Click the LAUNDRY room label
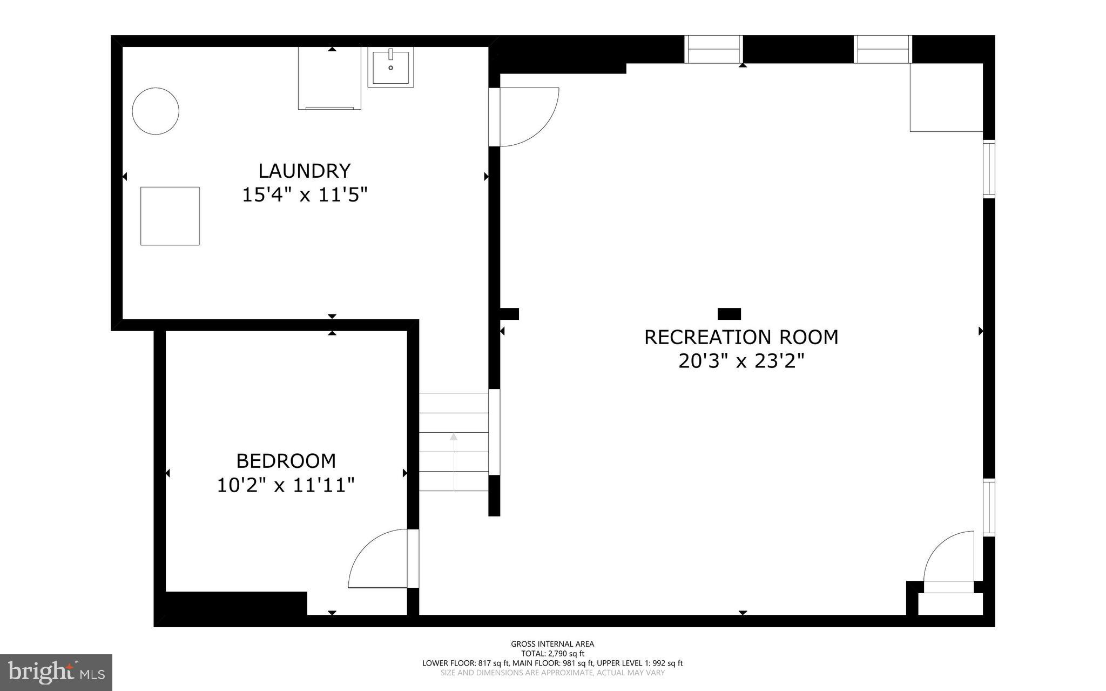click(x=305, y=171)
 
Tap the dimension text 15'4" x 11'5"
click(x=305, y=194)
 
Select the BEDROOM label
click(x=286, y=461)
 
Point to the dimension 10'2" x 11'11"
click(x=286, y=485)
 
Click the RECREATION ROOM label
click(x=741, y=337)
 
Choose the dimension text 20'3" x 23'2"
click(x=741, y=361)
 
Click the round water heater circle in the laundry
click(x=156, y=111)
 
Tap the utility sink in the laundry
click(x=390, y=67)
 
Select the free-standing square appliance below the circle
click(x=170, y=216)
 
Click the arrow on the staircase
click(x=454, y=459)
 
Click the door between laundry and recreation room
click(x=527, y=116)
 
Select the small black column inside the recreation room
click(x=729, y=314)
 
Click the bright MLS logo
click(x=56, y=672)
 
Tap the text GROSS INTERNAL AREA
click(x=552, y=644)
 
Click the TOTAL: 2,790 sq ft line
click(x=552, y=654)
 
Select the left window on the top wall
click(x=713, y=49)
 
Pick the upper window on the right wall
click(x=988, y=169)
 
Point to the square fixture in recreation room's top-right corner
click(x=946, y=98)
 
